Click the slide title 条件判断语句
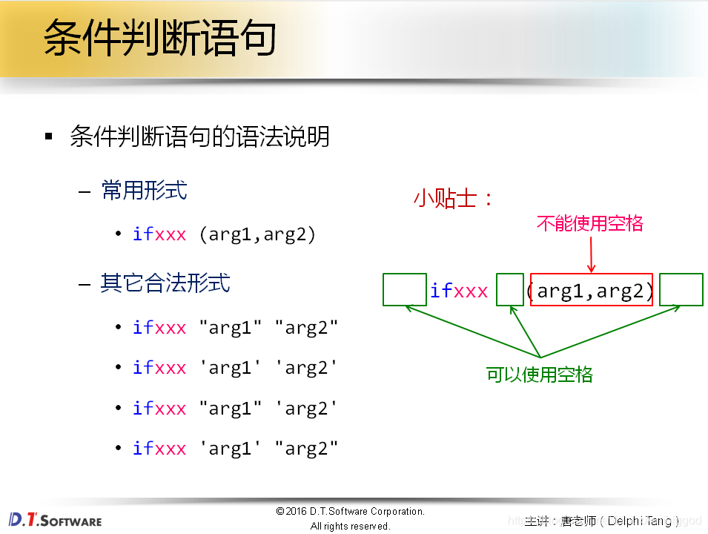(159, 39)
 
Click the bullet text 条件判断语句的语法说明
(199, 136)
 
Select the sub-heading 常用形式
(144, 191)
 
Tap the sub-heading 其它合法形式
(165, 283)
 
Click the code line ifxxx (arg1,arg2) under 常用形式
(225, 234)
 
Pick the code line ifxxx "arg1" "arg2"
(235, 327)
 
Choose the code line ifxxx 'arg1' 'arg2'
(235, 367)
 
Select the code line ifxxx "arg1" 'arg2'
(235, 408)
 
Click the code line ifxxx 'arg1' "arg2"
(235, 448)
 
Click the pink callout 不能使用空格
(589, 223)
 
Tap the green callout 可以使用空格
(539, 375)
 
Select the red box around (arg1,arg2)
(592, 290)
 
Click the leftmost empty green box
(405, 290)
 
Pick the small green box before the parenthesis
(510, 290)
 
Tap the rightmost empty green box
(681, 290)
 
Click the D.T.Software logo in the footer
(55, 519)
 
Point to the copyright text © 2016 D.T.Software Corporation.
(350, 512)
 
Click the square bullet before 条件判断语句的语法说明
(49, 137)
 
